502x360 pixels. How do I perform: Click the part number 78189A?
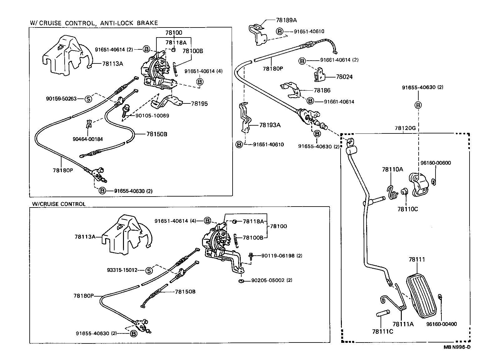[286, 20]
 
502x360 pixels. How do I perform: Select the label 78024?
[344, 77]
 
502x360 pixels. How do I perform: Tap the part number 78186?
[322, 90]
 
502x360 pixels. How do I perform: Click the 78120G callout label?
[405, 128]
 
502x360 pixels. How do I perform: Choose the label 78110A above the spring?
[392, 169]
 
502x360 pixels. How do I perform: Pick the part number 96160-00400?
[441, 324]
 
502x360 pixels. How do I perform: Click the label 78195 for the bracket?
[199, 103]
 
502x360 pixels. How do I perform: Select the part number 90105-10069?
[152, 116]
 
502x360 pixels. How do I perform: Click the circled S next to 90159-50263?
[88, 99]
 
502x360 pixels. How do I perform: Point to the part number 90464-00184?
[87, 139]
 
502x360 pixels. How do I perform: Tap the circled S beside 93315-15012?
[149, 270]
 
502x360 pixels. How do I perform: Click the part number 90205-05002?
[268, 280]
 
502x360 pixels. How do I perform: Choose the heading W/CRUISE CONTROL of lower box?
[58, 204]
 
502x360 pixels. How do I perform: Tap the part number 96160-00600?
[436, 163]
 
